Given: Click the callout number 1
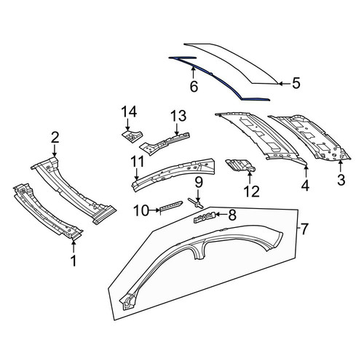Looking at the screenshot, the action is click(73, 261).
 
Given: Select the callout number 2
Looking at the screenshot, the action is click(55, 138).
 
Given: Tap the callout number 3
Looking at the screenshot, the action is click(341, 180).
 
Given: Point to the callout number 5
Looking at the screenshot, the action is click(296, 83).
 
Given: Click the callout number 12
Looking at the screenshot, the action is click(252, 191).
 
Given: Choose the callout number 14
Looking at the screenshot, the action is click(129, 111).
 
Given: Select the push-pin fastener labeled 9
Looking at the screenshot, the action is click(195, 202).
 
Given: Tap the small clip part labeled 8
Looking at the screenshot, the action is click(205, 217).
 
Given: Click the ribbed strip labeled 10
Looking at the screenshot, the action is click(170, 205).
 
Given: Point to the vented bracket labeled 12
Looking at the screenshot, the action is click(240, 165).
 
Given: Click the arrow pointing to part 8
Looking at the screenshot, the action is click(221, 214).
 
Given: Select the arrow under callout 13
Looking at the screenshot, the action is click(178, 129).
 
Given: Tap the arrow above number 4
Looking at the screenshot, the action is click(306, 172).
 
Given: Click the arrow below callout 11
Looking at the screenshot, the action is click(137, 174).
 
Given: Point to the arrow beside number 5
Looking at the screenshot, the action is click(284, 83).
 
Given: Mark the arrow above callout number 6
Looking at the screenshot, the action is click(193, 73).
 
